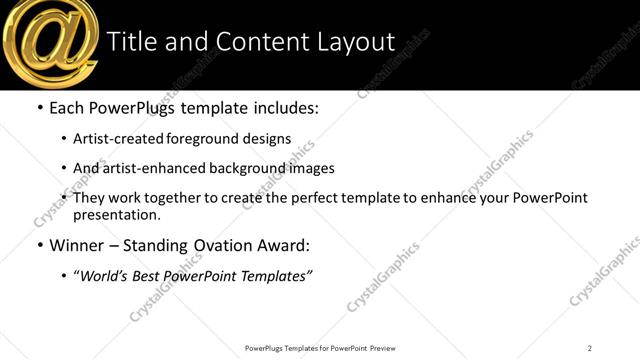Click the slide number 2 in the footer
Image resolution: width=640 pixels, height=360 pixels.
tap(590, 347)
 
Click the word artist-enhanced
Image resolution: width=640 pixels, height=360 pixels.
tap(152, 168)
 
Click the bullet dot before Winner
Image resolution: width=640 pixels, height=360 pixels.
tap(39, 245)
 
